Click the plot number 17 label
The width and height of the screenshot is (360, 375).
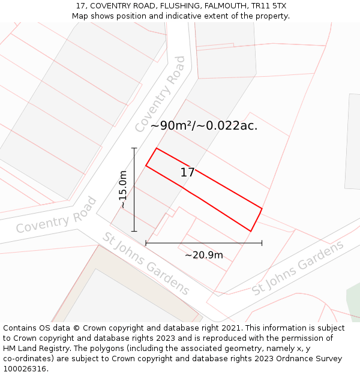pyautogui.click(x=187, y=173)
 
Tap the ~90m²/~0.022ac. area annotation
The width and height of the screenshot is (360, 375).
pyautogui.click(x=204, y=126)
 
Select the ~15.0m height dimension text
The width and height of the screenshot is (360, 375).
pyautogui.click(x=123, y=190)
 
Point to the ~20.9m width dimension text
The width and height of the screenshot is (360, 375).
pyautogui.click(x=204, y=255)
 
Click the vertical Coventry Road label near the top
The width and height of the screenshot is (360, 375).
pyautogui.click(x=160, y=94)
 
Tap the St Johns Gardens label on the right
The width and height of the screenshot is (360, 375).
pyautogui.click(x=298, y=268)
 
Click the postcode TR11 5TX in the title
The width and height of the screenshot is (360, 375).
pyautogui.click(x=269, y=6)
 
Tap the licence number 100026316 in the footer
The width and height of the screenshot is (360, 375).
pyautogui.click(x=25, y=369)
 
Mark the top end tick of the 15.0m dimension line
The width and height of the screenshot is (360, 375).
pyautogui.click(x=134, y=148)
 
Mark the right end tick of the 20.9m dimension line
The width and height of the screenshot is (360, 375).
pyautogui.click(x=262, y=243)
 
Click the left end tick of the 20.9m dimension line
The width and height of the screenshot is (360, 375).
pyautogui.click(x=146, y=243)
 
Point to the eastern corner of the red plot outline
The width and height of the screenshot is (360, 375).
pyautogui.click(x=262, y=208)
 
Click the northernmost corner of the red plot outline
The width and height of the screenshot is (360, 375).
pyautogui.click(x=157, y=148)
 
